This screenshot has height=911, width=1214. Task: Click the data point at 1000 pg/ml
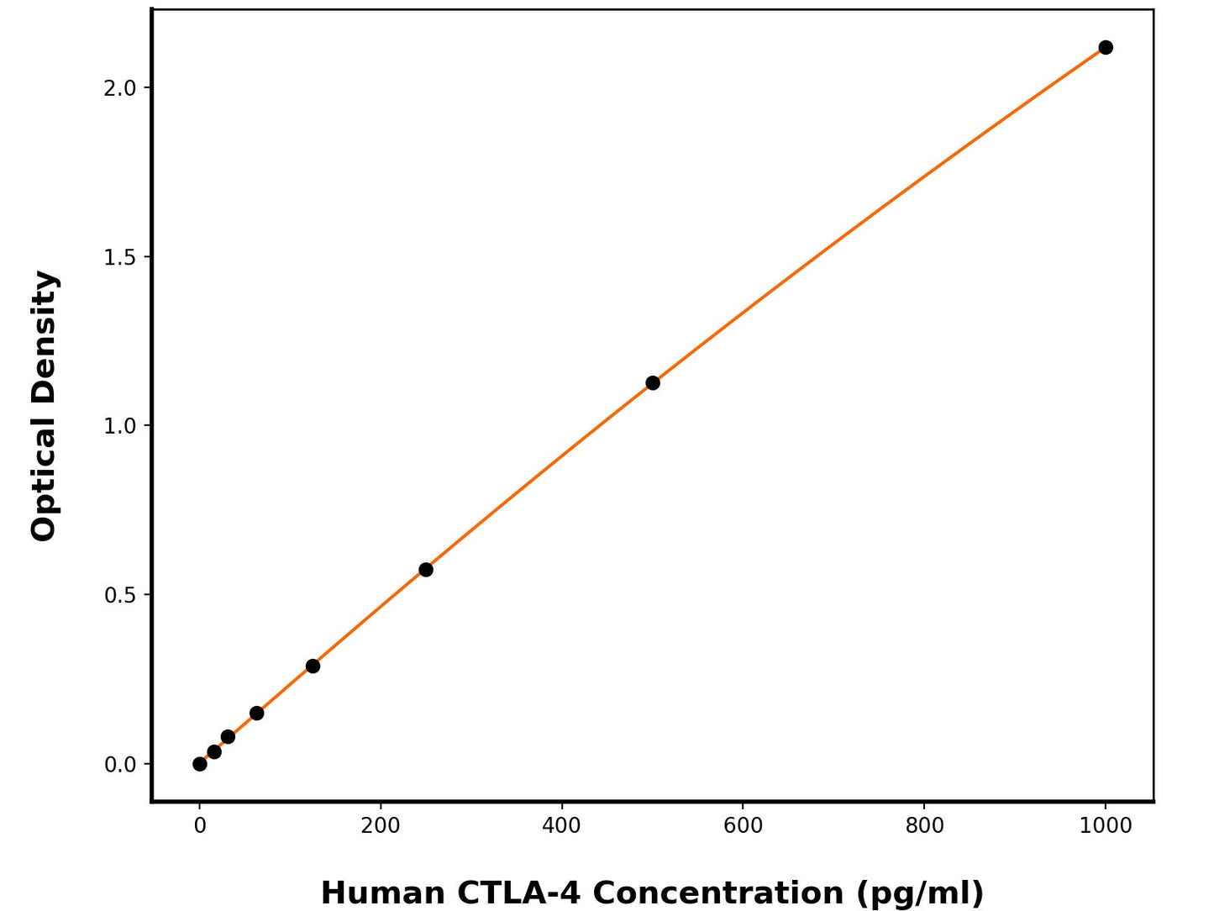pyautogui.click(x=1106, y=47)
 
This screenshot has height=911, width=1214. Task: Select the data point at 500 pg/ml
pyautogui.click(x=653, y=383)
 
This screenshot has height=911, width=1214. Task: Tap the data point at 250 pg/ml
pyautogui.click(x=426, y=570)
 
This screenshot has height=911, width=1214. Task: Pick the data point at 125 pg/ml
pyautogui.click(x=313, y=666)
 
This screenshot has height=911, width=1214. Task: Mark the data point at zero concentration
pyautogui.click(x=200, y=764)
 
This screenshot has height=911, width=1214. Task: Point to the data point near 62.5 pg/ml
pyautogui.click(x=257, y=714)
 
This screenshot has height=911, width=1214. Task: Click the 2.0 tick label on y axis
pyautogui.click(x=119, y=88)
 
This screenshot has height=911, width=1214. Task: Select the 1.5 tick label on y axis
pyautogui.click(x=119, y=257)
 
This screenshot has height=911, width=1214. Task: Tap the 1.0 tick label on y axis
pyautogui.click(x=119, y=426)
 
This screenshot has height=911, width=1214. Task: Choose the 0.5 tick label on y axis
pyautogui.click(x=119, y=595)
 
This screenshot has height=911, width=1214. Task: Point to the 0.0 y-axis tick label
pyautogui.click(x=119, y=765)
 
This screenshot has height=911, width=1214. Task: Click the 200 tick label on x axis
pyautogui.click(x=381, y=826)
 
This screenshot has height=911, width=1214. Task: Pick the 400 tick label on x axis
pyautogui.click(x=561, y=826)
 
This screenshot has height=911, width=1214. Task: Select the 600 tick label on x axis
pyautogui.click(x=743, y=826)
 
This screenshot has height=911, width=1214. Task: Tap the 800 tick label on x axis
pyautogui.click(x=924, y=826)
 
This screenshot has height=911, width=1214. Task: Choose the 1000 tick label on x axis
pyautogui.click(x=1106, y=826)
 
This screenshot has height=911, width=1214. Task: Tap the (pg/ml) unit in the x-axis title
pyautogui.click(x=920, y=893)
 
